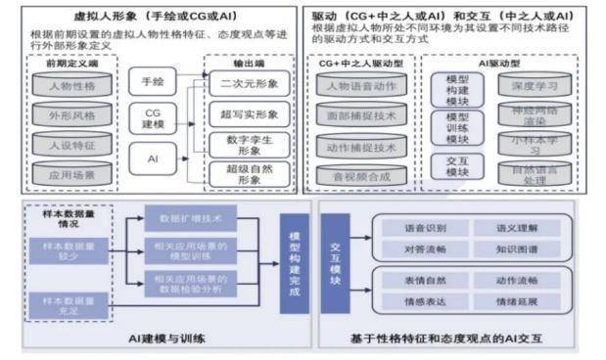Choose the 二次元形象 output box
tap(250, 83)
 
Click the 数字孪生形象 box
tap(250, 145)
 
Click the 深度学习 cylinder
tap(534, 85)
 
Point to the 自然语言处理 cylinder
tap(534, 174)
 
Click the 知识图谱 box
tap(511, 249)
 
